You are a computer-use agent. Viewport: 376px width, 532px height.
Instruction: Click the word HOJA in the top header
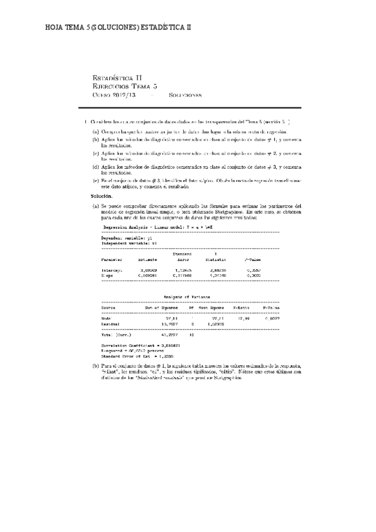(x=55, y=28)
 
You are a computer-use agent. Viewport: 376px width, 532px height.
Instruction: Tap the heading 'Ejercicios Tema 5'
(x=124, y=87)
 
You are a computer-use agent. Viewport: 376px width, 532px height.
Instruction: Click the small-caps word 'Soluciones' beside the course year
(x=185, y=95)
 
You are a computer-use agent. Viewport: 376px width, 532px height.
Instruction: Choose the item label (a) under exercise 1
(x=95, y=132)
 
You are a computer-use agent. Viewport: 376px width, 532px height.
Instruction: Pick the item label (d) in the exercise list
(x=95, y=167)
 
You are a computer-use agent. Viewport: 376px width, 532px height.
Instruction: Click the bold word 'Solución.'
(x=102, y=196)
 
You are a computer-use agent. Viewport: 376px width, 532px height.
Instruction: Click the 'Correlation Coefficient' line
(x=136, y=345)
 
